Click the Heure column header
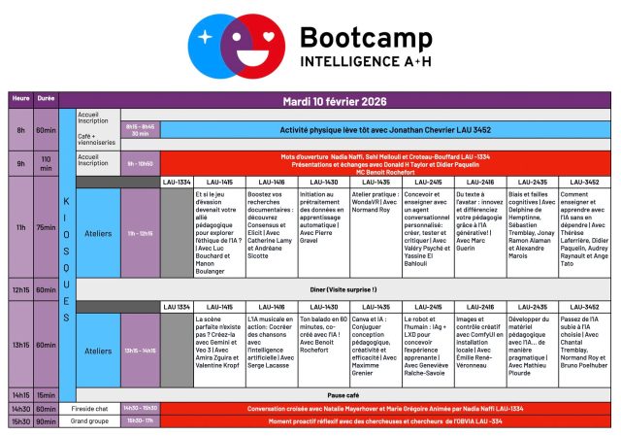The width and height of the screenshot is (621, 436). [20, 98]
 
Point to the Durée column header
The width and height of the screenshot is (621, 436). [46, 98]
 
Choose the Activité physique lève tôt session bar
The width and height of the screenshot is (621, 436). [385, 128]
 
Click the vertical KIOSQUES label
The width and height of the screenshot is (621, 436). [66, 262]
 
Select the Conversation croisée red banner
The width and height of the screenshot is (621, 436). [385, 409]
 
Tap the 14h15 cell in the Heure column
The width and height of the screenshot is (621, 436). [20, 395]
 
